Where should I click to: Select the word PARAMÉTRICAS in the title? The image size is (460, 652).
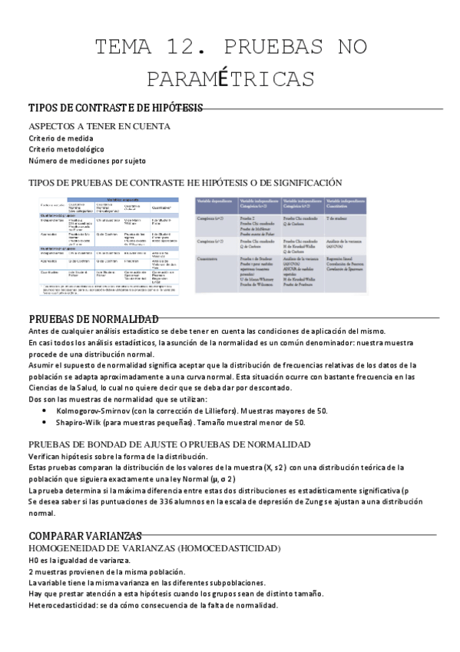point(230,79)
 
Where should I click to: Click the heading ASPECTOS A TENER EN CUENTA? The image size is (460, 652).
point(99,126)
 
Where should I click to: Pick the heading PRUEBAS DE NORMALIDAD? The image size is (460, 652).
point(94,319)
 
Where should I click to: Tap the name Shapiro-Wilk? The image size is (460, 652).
point(78,422)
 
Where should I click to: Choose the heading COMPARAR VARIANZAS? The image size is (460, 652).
point(85,535)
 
